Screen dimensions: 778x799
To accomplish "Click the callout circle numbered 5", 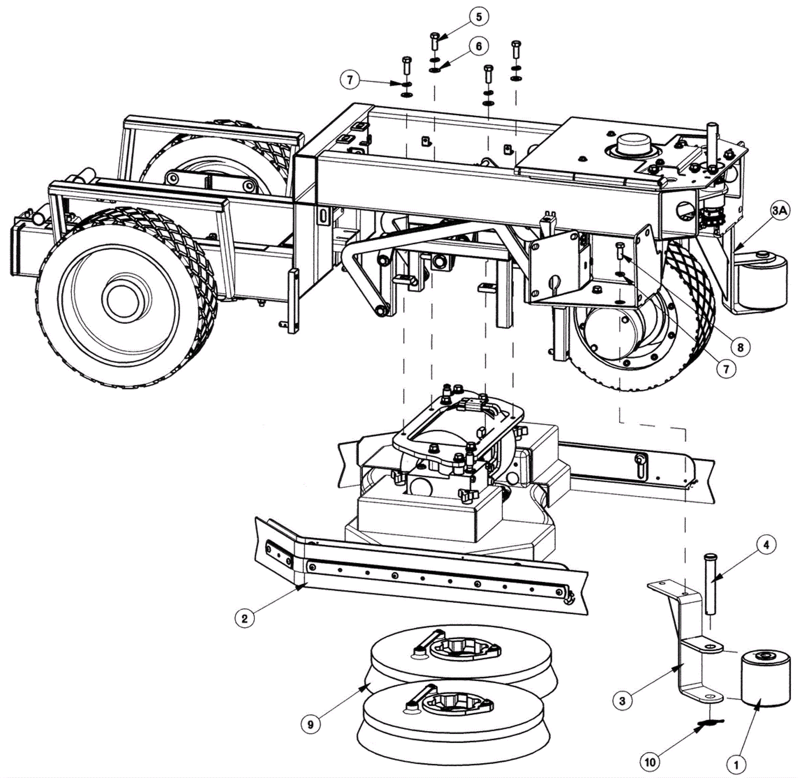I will tap(479, 17).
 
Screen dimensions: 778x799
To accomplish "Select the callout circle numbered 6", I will tap(478, 46).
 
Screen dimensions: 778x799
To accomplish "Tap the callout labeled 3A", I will tap(779, 211).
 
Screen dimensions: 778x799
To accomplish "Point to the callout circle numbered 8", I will tap(740, 347).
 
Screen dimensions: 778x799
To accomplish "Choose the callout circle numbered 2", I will tap(244, 619).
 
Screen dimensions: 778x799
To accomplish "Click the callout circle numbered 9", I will tap(310, 724).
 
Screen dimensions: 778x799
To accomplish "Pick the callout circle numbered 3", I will tap(622, 701).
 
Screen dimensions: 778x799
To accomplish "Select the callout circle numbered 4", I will tap(766, 544).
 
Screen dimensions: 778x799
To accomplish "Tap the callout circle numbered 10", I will tap(650, 762).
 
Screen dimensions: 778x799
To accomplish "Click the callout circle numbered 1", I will tap(736, 764).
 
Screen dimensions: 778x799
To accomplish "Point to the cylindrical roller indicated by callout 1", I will tap(765, 680).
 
